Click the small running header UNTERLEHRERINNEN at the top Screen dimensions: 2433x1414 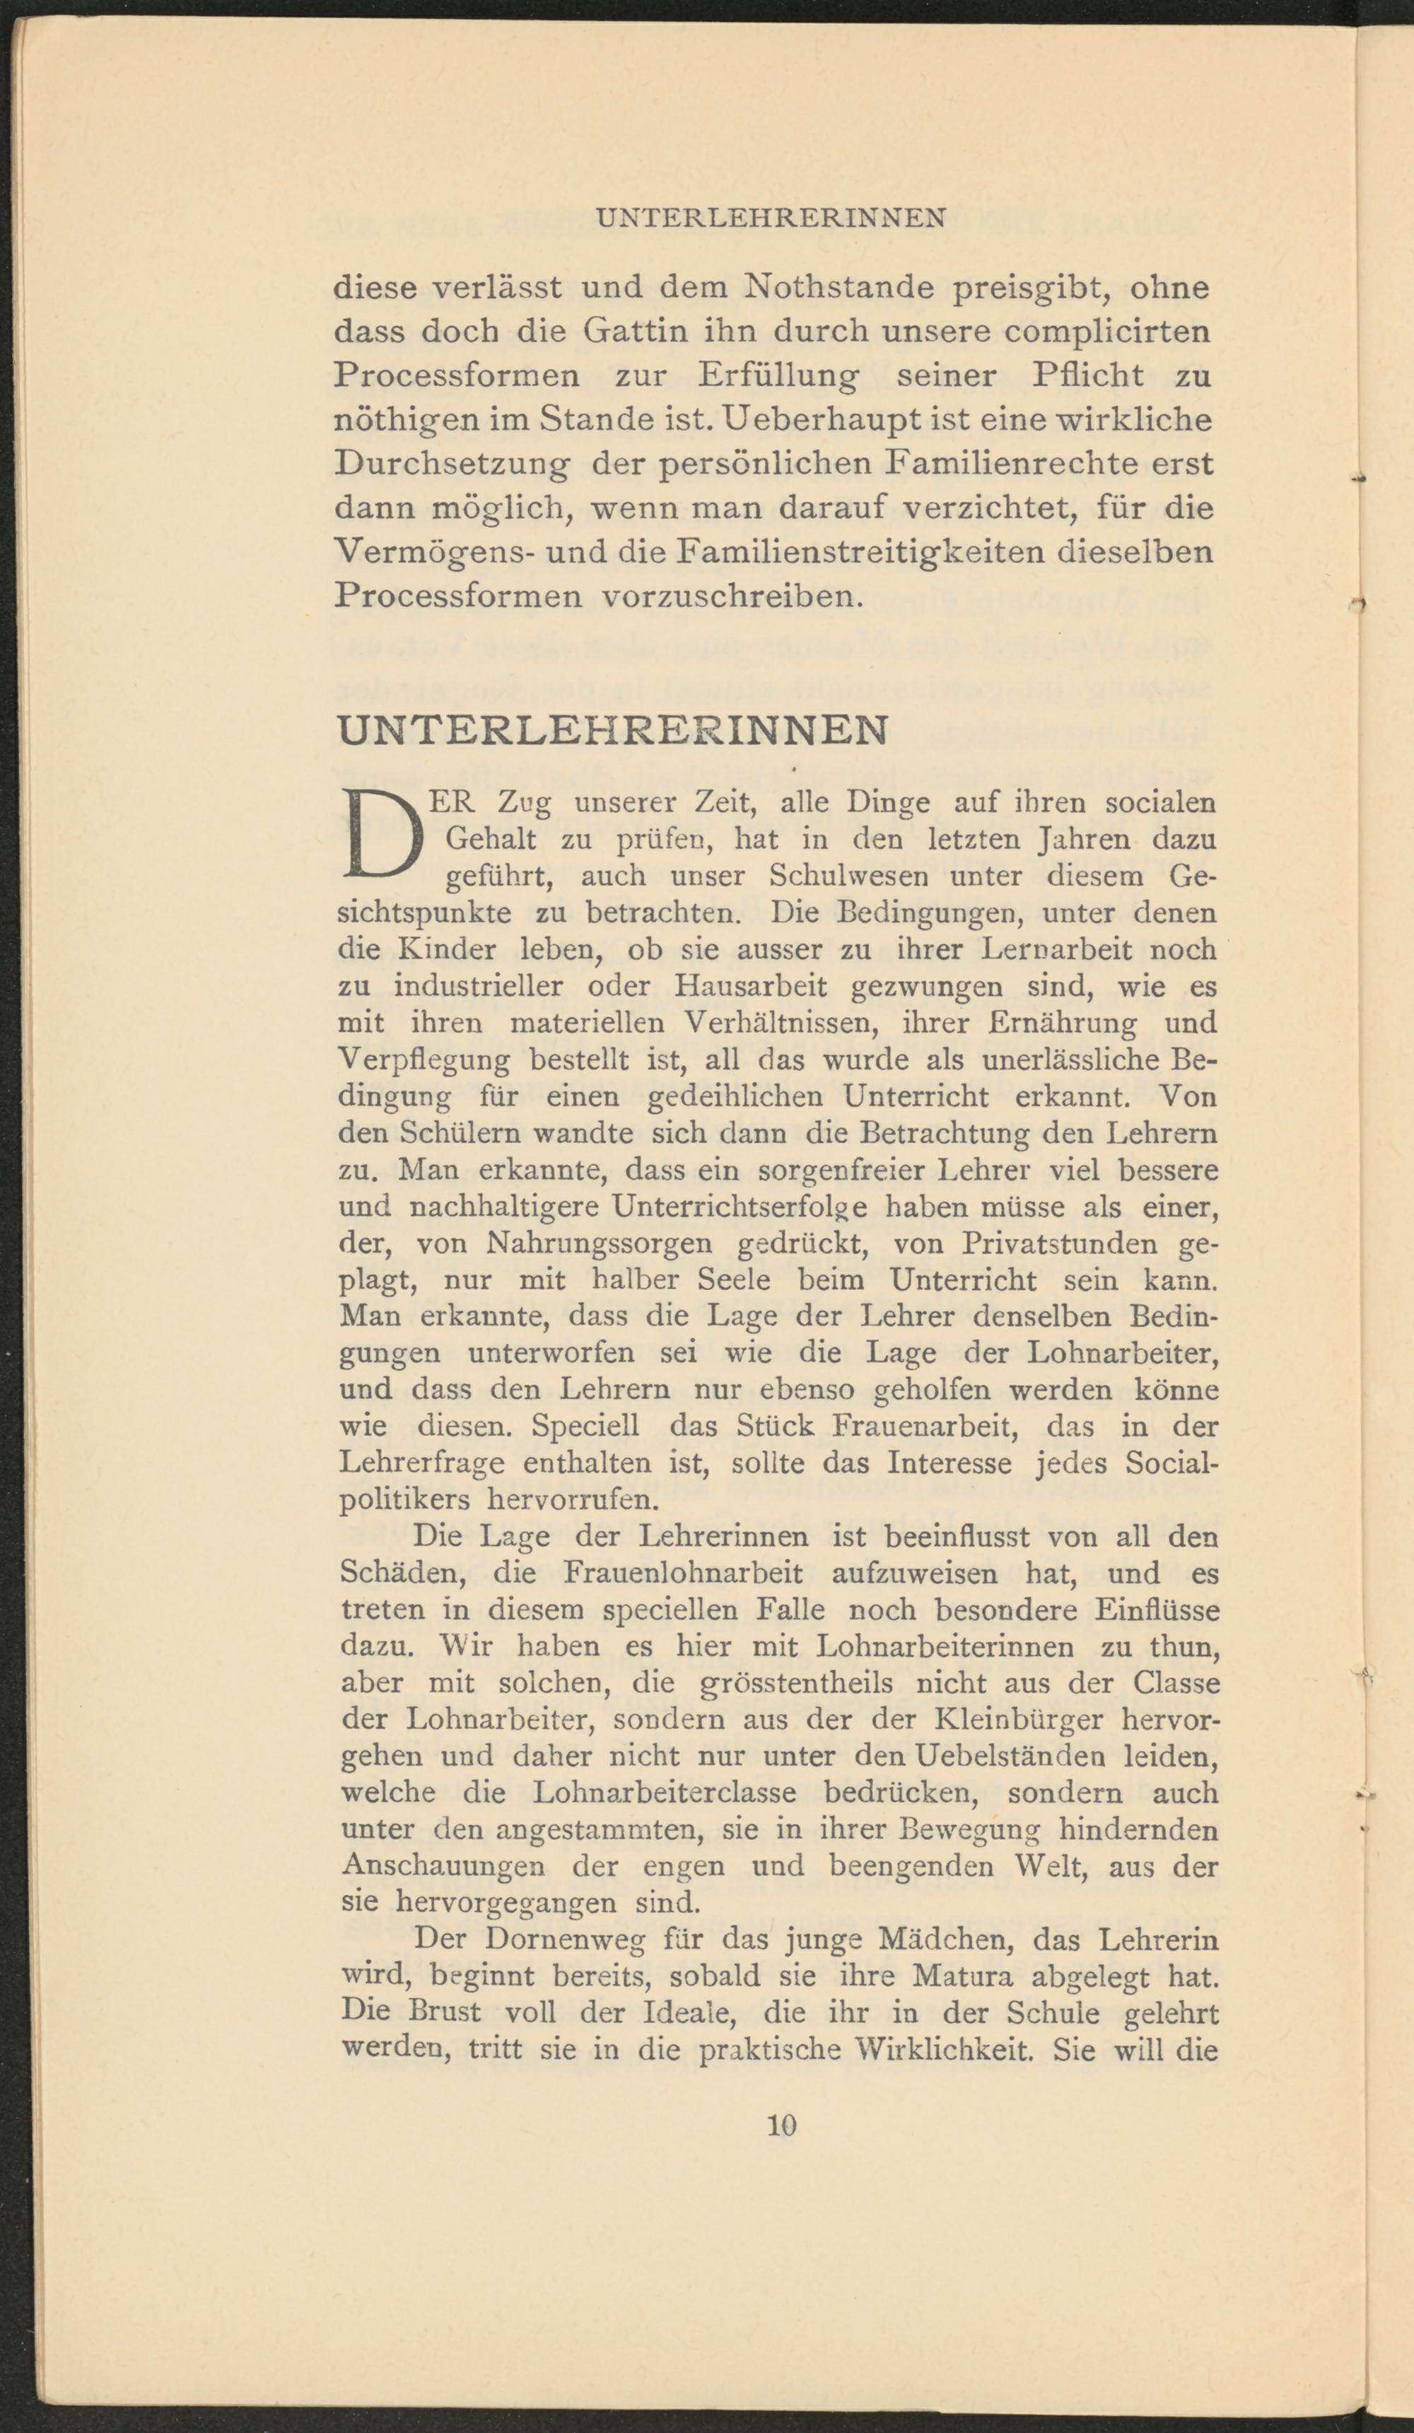[x=771, y=218]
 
